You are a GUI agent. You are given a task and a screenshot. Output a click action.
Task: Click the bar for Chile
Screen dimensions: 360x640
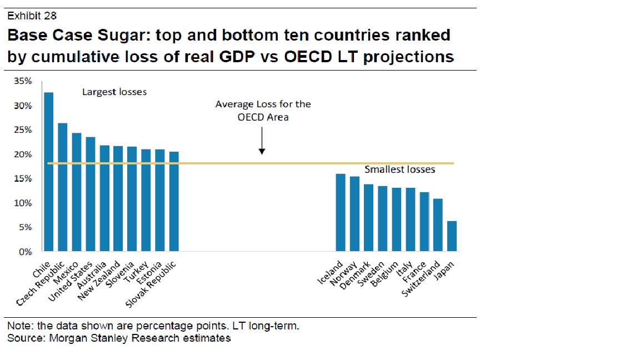click(x=49, y=172)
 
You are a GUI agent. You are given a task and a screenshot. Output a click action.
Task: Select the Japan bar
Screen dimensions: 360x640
click(x=452, y=236)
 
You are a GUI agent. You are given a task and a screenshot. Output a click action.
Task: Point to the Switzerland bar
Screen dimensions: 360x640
click(x=438, y=225)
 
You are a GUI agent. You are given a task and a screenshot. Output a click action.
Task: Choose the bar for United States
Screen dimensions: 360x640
click(x=91, y=194)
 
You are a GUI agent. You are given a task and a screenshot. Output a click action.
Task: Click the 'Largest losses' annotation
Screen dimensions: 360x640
click(x=114, y=92)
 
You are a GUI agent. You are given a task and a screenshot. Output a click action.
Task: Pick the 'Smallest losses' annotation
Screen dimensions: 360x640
click(x=399, y=169)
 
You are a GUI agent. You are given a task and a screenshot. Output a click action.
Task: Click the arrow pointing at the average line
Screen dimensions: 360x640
click(x=262, y=142)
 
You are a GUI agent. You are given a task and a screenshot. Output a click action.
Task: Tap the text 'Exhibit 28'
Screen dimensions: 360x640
click(x=32, y=16)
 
